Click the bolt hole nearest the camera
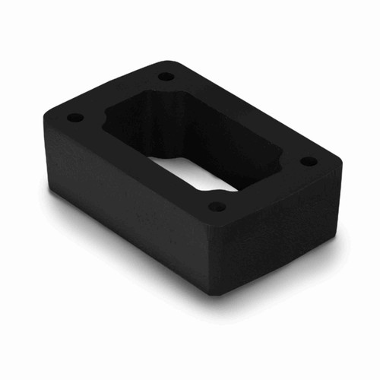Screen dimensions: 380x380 [217, 206]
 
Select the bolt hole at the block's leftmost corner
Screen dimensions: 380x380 [74, 119]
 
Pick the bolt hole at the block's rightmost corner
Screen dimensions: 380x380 [309, 161]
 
